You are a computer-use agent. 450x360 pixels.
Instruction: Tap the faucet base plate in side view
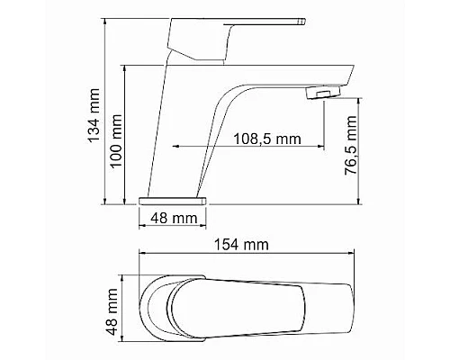click(174, 196)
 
